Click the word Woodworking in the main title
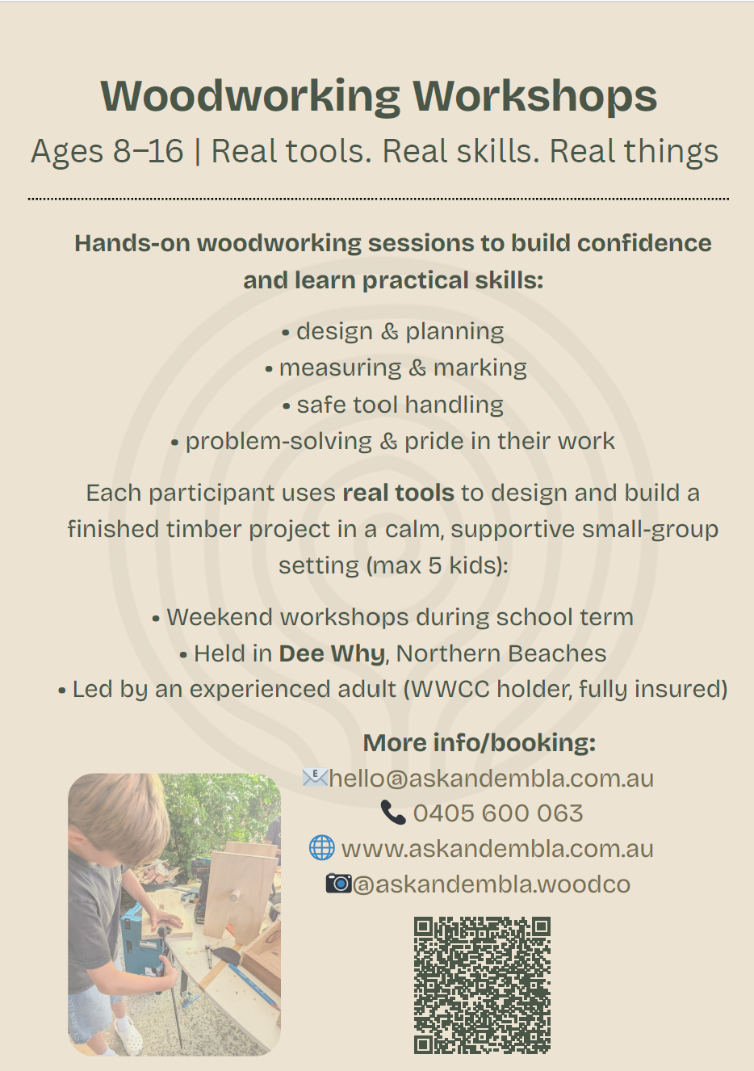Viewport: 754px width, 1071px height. coord(250,96)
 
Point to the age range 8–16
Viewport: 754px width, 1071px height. coord(149,151)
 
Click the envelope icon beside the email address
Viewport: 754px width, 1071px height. coord(316,778)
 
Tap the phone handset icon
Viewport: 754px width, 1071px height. coord(393,813)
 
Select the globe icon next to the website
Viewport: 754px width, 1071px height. coord(321,848)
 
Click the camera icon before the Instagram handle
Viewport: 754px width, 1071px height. coord(339,884)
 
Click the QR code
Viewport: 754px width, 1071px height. coord(482,985)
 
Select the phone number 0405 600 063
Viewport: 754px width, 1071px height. coord(498,813)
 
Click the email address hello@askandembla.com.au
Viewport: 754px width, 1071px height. coord(491,779)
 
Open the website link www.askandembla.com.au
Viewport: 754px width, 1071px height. coord(497,849)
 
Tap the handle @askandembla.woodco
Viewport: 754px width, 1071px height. coord(492,884)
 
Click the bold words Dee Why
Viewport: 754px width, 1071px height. coord(332,653)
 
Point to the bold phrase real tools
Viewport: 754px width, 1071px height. coord(399,493)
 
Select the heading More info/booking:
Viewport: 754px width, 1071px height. coord(480,742)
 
